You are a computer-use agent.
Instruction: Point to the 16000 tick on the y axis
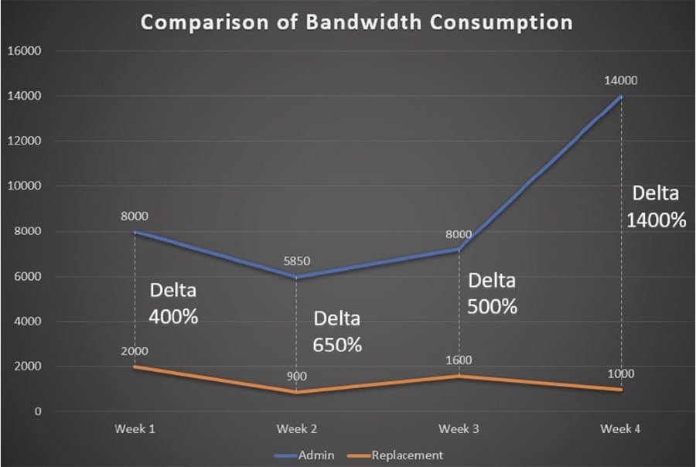pos(26,51)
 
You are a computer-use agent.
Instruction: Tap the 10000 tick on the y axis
pos(26,186)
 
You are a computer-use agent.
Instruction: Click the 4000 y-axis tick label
pos(29,322)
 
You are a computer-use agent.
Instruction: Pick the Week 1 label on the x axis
pos(135,428)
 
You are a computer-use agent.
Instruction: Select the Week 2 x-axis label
pos(297,428)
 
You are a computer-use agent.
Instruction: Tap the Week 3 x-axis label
pos(459,428)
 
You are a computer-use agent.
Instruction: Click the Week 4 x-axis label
pos(621,428)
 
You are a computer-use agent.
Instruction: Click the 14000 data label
pos(621,80)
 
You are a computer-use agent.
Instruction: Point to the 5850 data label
pos(297,261)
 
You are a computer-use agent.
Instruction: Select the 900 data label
pos(297,377)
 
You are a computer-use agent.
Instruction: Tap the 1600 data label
pos(459,360)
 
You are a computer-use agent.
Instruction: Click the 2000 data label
pos(135,351)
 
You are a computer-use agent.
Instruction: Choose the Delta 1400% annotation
pos(657,206)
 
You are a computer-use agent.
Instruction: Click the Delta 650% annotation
pos(337,332)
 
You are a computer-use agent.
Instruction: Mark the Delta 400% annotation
pos(173,303)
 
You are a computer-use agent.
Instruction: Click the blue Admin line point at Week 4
pos(621,97)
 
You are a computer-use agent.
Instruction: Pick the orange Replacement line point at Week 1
pos(135,366)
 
